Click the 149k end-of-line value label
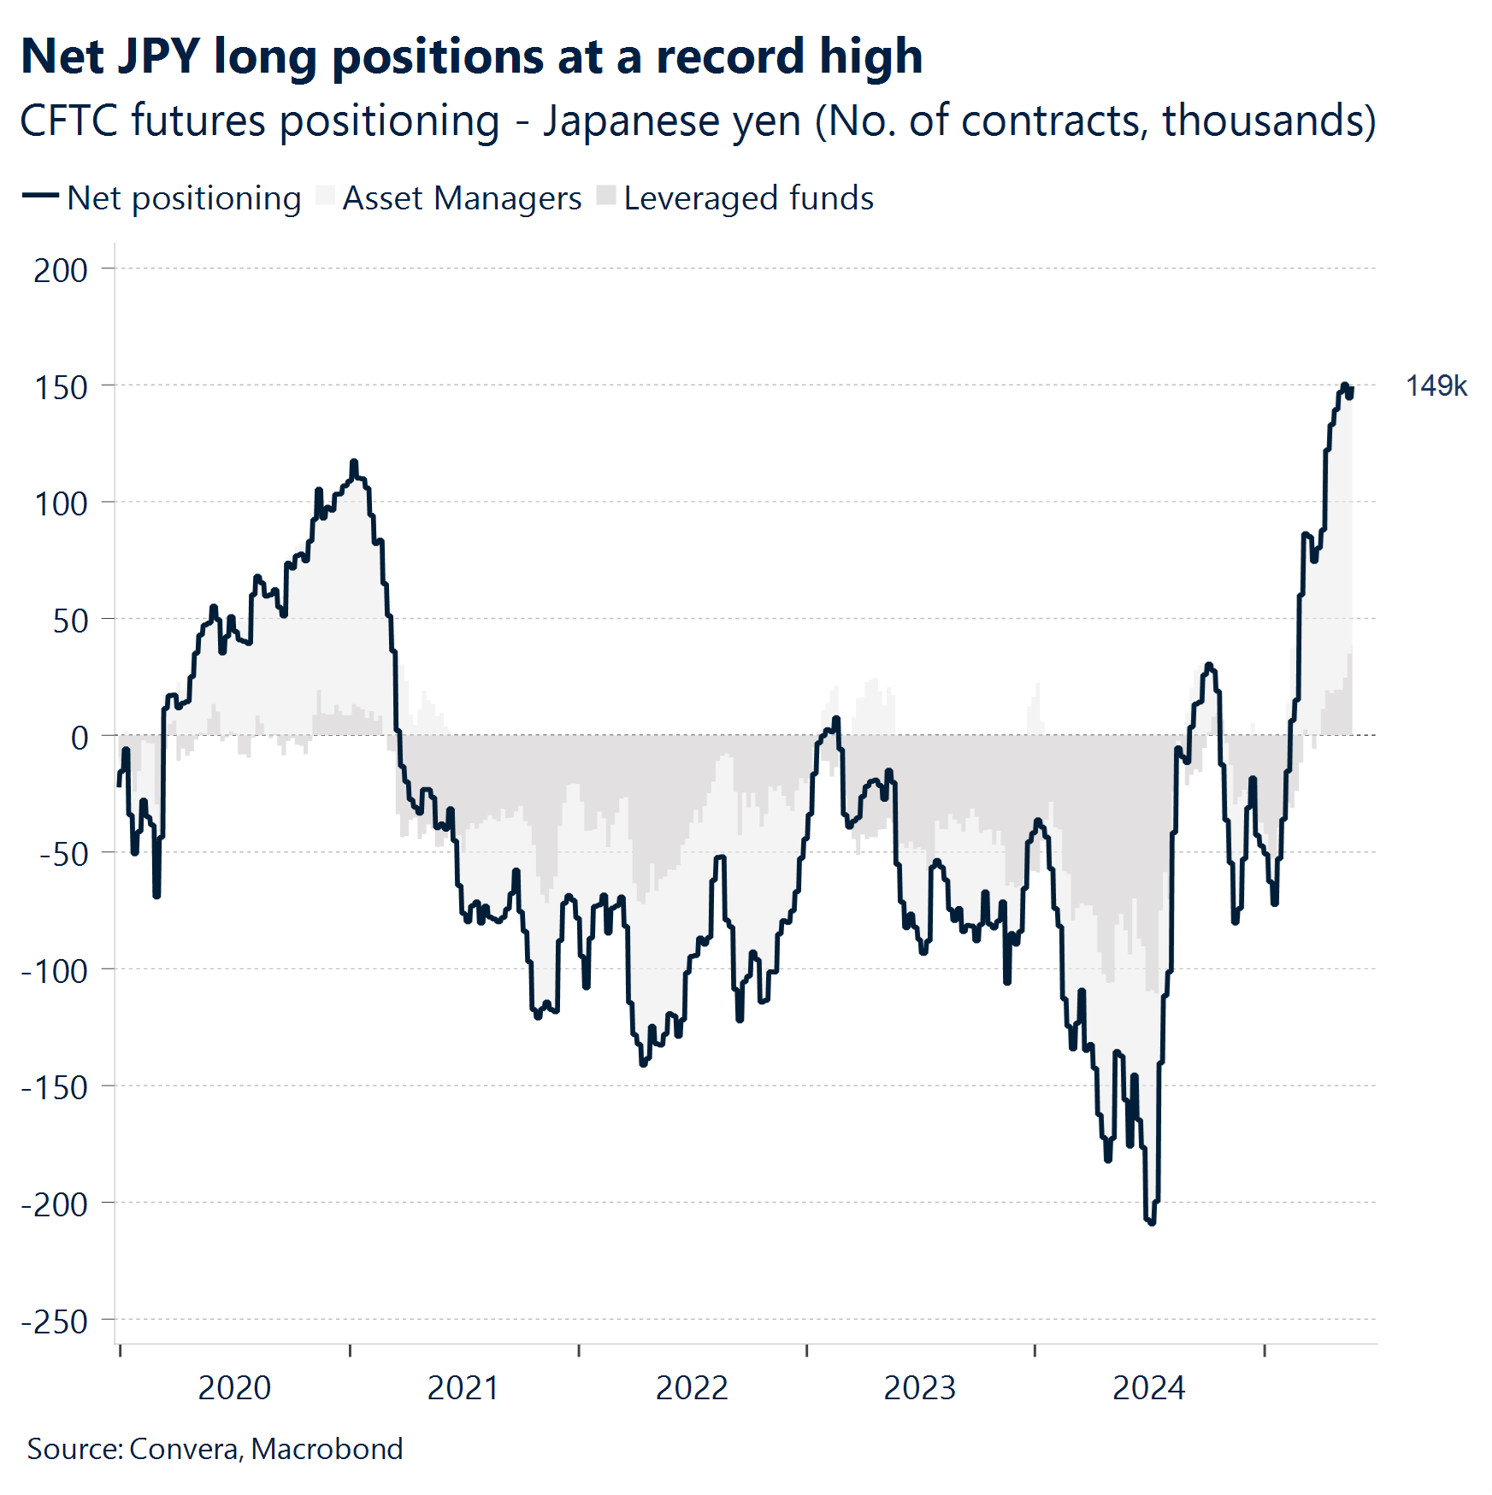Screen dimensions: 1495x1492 1436,386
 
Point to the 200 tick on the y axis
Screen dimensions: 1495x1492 61,270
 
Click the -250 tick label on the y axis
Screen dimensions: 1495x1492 55,1321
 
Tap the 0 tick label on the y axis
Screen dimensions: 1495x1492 80,737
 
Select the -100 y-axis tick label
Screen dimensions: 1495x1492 55,971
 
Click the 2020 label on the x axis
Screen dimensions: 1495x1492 234,1388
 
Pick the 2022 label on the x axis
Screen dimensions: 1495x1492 692,1388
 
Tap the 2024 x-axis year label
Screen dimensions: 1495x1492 1148,1388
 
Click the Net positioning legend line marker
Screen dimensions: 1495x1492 39,197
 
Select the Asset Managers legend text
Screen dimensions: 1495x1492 462,198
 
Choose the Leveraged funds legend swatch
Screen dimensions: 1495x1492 606,196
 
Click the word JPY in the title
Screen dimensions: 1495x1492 158,57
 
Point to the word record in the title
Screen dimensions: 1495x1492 730,57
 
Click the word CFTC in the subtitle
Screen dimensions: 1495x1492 68,121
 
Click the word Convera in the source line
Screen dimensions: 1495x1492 185,1449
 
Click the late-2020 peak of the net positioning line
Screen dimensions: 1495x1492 354,463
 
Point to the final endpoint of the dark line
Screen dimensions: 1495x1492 1351,390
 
